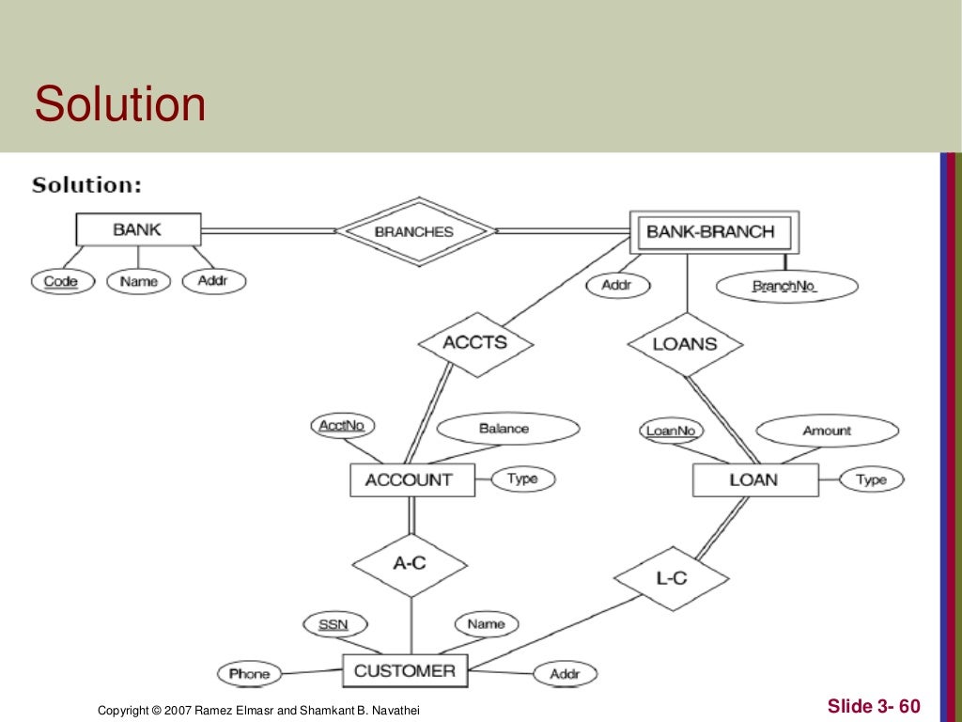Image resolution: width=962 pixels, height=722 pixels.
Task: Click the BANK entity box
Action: [138, 229]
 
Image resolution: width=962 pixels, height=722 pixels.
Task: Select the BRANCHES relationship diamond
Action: [414, 231]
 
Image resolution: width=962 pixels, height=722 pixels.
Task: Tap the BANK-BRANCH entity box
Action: [712, 231]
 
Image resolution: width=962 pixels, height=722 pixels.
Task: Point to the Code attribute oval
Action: [62, 281]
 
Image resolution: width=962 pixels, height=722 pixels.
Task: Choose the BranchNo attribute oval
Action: [787, 286]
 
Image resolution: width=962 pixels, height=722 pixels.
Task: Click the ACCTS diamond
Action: [474, 343]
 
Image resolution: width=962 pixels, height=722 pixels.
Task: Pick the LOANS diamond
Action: [685, 344]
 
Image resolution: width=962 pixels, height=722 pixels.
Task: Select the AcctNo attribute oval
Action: [341, 426]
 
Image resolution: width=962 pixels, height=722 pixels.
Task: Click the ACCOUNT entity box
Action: [409, 480]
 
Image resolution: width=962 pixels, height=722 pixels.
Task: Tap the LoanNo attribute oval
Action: [671, 432]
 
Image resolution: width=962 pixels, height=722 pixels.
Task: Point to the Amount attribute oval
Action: [827, 431]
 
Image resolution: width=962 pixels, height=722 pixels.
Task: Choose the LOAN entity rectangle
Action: [753, 480]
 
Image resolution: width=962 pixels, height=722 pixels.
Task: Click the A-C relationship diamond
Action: [410, 564]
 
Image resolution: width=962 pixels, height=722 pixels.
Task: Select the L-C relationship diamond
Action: [672, 578]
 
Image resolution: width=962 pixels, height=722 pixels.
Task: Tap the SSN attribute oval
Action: [334, 624]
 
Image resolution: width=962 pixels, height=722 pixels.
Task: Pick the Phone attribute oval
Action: [250, 673]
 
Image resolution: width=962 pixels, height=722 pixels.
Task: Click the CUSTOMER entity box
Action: [405, 671]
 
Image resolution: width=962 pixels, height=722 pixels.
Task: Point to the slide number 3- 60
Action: [874, 706]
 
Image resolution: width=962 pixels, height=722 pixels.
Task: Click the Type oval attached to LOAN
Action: [871, 480]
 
